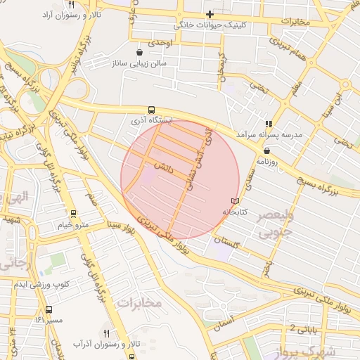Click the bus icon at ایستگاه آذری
tap(151, 110)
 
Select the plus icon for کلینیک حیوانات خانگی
tap(210, 14)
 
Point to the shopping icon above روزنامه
tap(266, 150)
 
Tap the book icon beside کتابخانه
tap(234, 201)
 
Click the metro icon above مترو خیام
tap(73, 214)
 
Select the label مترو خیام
tap(73, 225)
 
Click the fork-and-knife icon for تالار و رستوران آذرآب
tap(107, 333)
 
